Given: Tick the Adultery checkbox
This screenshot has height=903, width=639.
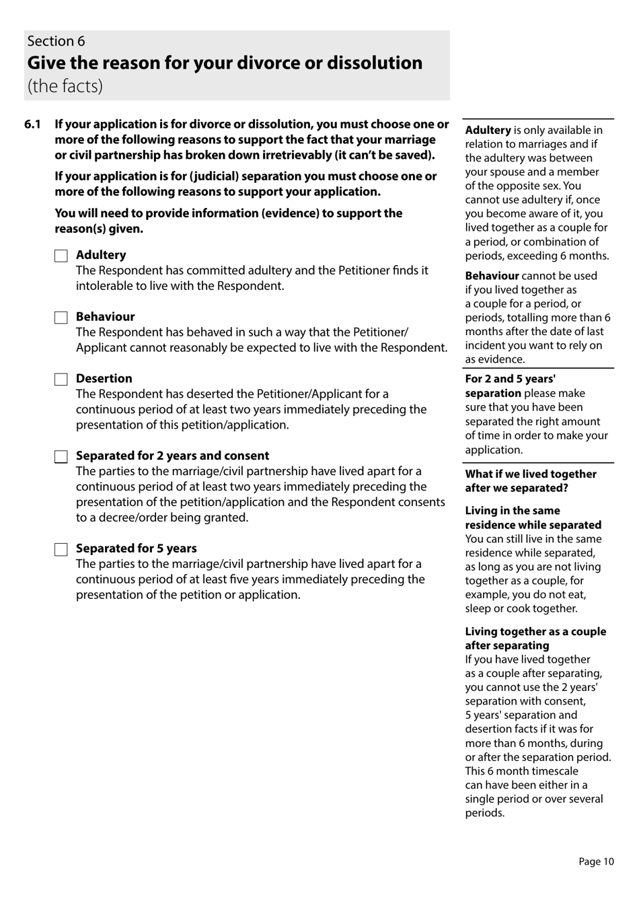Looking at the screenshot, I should point(61,256).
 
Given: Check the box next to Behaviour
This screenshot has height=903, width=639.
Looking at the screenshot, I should point(61,318).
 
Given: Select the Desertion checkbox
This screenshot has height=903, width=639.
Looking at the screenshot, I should point(61,380).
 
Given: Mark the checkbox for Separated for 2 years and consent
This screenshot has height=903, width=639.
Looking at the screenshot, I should point(61,457).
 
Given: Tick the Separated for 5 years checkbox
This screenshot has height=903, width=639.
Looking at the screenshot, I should point(61,550).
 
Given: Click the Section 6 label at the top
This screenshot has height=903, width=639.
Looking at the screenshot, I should point(56,41).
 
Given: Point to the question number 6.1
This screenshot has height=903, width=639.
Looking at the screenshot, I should point(32,124).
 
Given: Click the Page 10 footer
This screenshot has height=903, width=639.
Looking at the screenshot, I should point(596,861).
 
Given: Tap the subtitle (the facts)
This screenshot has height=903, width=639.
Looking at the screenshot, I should point(65,86).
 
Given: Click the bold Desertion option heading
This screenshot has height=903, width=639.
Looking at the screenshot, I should point(104,379).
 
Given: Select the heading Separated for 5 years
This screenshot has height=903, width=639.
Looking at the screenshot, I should point(136,548).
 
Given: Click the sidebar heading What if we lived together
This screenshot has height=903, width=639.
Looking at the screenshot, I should point(530,474).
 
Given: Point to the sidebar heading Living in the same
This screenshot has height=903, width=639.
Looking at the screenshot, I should point(512,511).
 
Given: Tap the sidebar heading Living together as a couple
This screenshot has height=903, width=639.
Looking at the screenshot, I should point(535,631).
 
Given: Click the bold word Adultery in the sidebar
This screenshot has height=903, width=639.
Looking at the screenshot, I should point(488,131).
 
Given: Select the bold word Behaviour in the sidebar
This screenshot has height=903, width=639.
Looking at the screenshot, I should point(492,276).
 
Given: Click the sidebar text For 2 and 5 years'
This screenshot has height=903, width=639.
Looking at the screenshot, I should point(510,379).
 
